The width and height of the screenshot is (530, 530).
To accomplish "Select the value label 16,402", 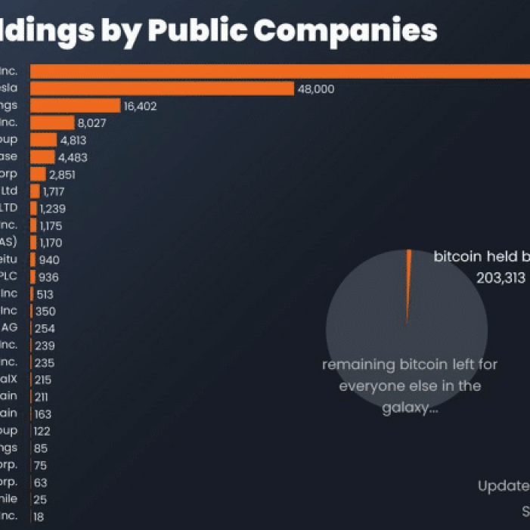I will [140, 106].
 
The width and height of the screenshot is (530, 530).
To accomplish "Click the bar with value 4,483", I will [42, 157].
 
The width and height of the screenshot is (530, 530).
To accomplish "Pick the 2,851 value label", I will [63, 174].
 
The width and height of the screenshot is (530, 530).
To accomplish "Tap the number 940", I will [50, 259].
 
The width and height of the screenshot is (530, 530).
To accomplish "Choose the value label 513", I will [45, 294].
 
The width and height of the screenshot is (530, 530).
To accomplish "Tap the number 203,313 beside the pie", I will [501, 277].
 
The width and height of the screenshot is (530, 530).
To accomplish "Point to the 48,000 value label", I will [316, 89].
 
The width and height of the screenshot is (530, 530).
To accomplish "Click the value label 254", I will [45, 328].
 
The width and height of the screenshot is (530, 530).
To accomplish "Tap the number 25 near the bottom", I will [41, 499].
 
